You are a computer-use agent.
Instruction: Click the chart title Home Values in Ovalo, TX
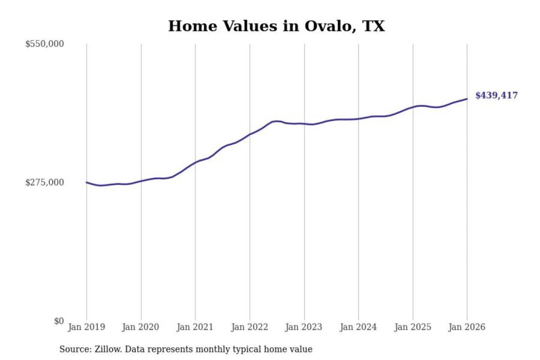click(x=276, y=26)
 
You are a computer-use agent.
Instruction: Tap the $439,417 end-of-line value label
click(x=496, y=95)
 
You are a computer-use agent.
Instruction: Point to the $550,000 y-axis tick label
click(x=45, y=44)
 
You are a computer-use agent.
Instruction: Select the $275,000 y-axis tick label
click(x=45, y=182)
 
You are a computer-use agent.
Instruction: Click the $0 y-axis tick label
click(x=59, y=321)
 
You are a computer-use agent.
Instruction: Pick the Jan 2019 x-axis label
click(x=87, y=327)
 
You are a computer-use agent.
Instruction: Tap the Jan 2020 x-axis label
click(x=141, y=327)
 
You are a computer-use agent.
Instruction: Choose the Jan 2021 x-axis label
click(x=195, y=327)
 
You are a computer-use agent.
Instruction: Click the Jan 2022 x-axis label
click(x=250, y=327)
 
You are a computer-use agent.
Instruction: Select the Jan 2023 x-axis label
click(x=304, y=327)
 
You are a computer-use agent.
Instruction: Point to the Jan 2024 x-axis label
click(x=358, y=327)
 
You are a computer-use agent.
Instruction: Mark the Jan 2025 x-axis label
click(x=413, y=327)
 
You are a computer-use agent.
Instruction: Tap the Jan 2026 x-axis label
click(x=467, y=327)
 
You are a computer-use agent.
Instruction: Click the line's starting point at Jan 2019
click(x=87, y=183)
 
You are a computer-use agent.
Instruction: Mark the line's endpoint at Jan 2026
click(x=467, y=99)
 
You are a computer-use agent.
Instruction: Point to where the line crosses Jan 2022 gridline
click(x=250, y=134)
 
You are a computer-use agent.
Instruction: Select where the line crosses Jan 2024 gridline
click(x=358, y=119)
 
